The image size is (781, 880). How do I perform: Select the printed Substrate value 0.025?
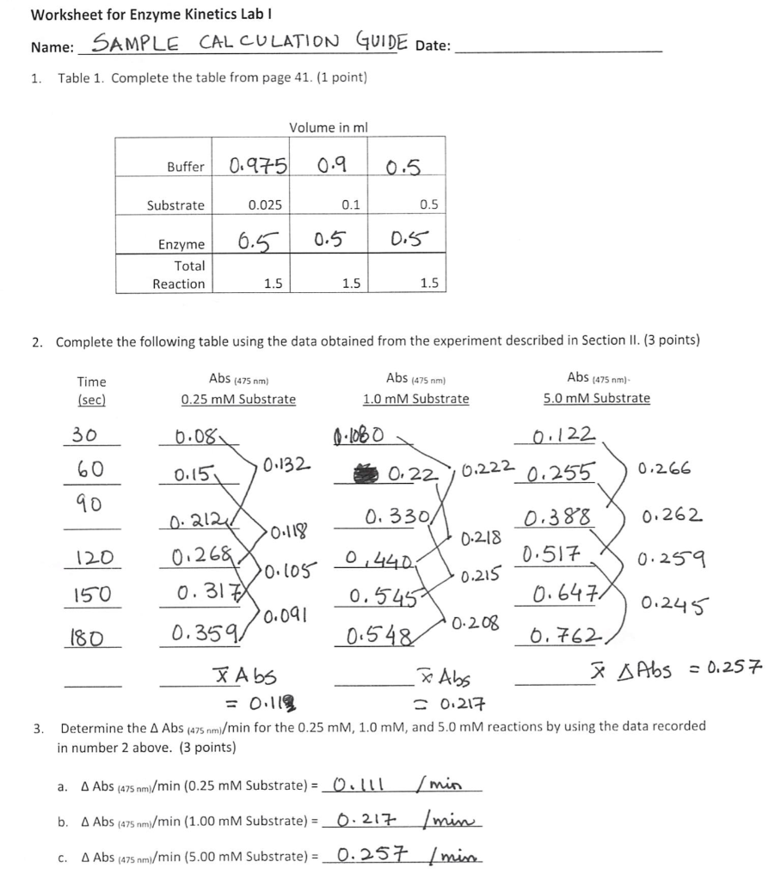click(x=264, y=205)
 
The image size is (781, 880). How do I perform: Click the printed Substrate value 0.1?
click(x=350, y=205)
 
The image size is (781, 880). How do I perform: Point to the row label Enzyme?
click(x=181, y=245)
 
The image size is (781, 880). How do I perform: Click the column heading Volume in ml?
click(x=328, y=127)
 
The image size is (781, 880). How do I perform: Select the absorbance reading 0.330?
click(x=390, y=518)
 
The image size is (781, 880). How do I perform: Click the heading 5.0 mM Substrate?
click(x=596, y=399)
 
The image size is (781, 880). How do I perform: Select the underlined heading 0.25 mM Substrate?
click(x=238, y=399)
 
